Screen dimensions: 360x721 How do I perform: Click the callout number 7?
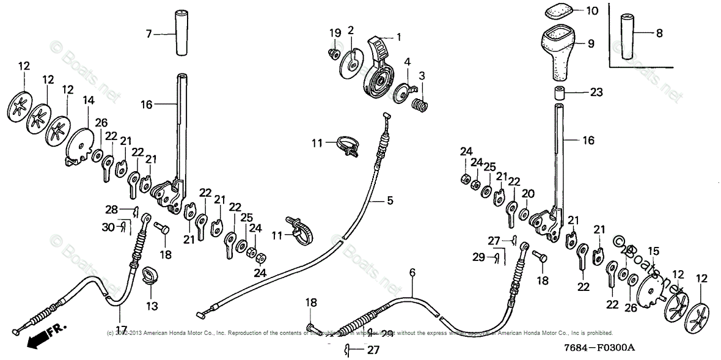coord(148,35)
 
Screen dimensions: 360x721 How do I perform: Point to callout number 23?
coord(596,93)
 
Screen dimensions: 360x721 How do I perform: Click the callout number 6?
coord(412,271)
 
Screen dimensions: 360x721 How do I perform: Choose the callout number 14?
coord(89,100)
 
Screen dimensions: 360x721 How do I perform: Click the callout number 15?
coord(653,251)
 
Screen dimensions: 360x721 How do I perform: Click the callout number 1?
coord(398,37)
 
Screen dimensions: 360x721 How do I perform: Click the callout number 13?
coord(151,304)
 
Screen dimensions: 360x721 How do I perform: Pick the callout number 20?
coord(528,194)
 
